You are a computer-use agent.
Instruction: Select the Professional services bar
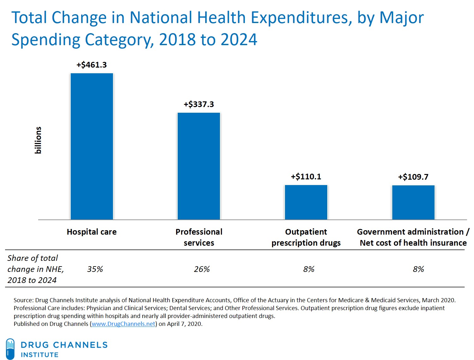(x=199, y=166)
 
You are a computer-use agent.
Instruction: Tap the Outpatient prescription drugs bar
(x=306, y=202)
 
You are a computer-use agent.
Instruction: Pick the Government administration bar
(x=413, y=202)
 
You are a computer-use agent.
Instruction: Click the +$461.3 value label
(x=92, y=65)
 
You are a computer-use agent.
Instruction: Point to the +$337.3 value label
(x=199, y=104)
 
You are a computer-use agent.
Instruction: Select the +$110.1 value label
(x=306, y=177)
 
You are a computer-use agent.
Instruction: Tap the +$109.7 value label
(x=413, y=177)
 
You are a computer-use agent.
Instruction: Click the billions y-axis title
(x=38, y=140)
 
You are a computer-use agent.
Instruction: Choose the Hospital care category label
(x=92, y=232)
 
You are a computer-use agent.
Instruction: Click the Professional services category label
(x=199, y=237)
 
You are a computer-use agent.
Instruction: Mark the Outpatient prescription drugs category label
(x=306, y=237)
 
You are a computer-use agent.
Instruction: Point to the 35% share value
(x=95, y=269)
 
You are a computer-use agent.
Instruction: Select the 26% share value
(x=202, y=269)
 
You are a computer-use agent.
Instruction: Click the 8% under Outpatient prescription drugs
(x=309, y=269)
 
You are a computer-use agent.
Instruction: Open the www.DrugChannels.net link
(x=123, y=324)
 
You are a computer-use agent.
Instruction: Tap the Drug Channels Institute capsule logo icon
(x=10, y=349)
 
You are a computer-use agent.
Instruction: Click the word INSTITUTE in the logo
(x=40, y=355)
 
